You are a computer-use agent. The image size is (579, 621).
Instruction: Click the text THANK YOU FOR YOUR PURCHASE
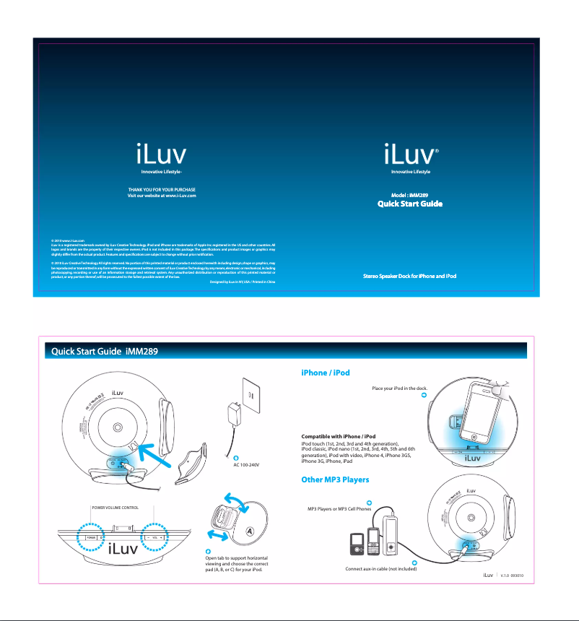[162, 189]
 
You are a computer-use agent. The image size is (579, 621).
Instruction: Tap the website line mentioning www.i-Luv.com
[162, 196]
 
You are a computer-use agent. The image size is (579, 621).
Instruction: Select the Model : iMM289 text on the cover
[410, 196]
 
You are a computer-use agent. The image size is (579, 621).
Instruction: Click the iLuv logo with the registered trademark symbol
[410, 155]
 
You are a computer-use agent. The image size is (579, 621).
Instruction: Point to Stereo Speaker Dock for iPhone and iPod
[410, 277]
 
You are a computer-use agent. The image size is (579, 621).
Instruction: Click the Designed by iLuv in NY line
[242, 282]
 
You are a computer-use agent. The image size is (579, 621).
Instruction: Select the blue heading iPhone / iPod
[325, 373]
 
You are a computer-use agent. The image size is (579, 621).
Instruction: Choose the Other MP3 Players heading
[335, 479]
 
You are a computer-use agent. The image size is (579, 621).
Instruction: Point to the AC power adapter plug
[236, 417]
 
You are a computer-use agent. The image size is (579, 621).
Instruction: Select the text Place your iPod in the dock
[399, 388]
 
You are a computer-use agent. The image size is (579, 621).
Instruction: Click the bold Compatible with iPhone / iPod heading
[338, 437]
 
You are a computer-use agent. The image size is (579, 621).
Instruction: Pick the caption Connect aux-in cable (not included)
[380, 569]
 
